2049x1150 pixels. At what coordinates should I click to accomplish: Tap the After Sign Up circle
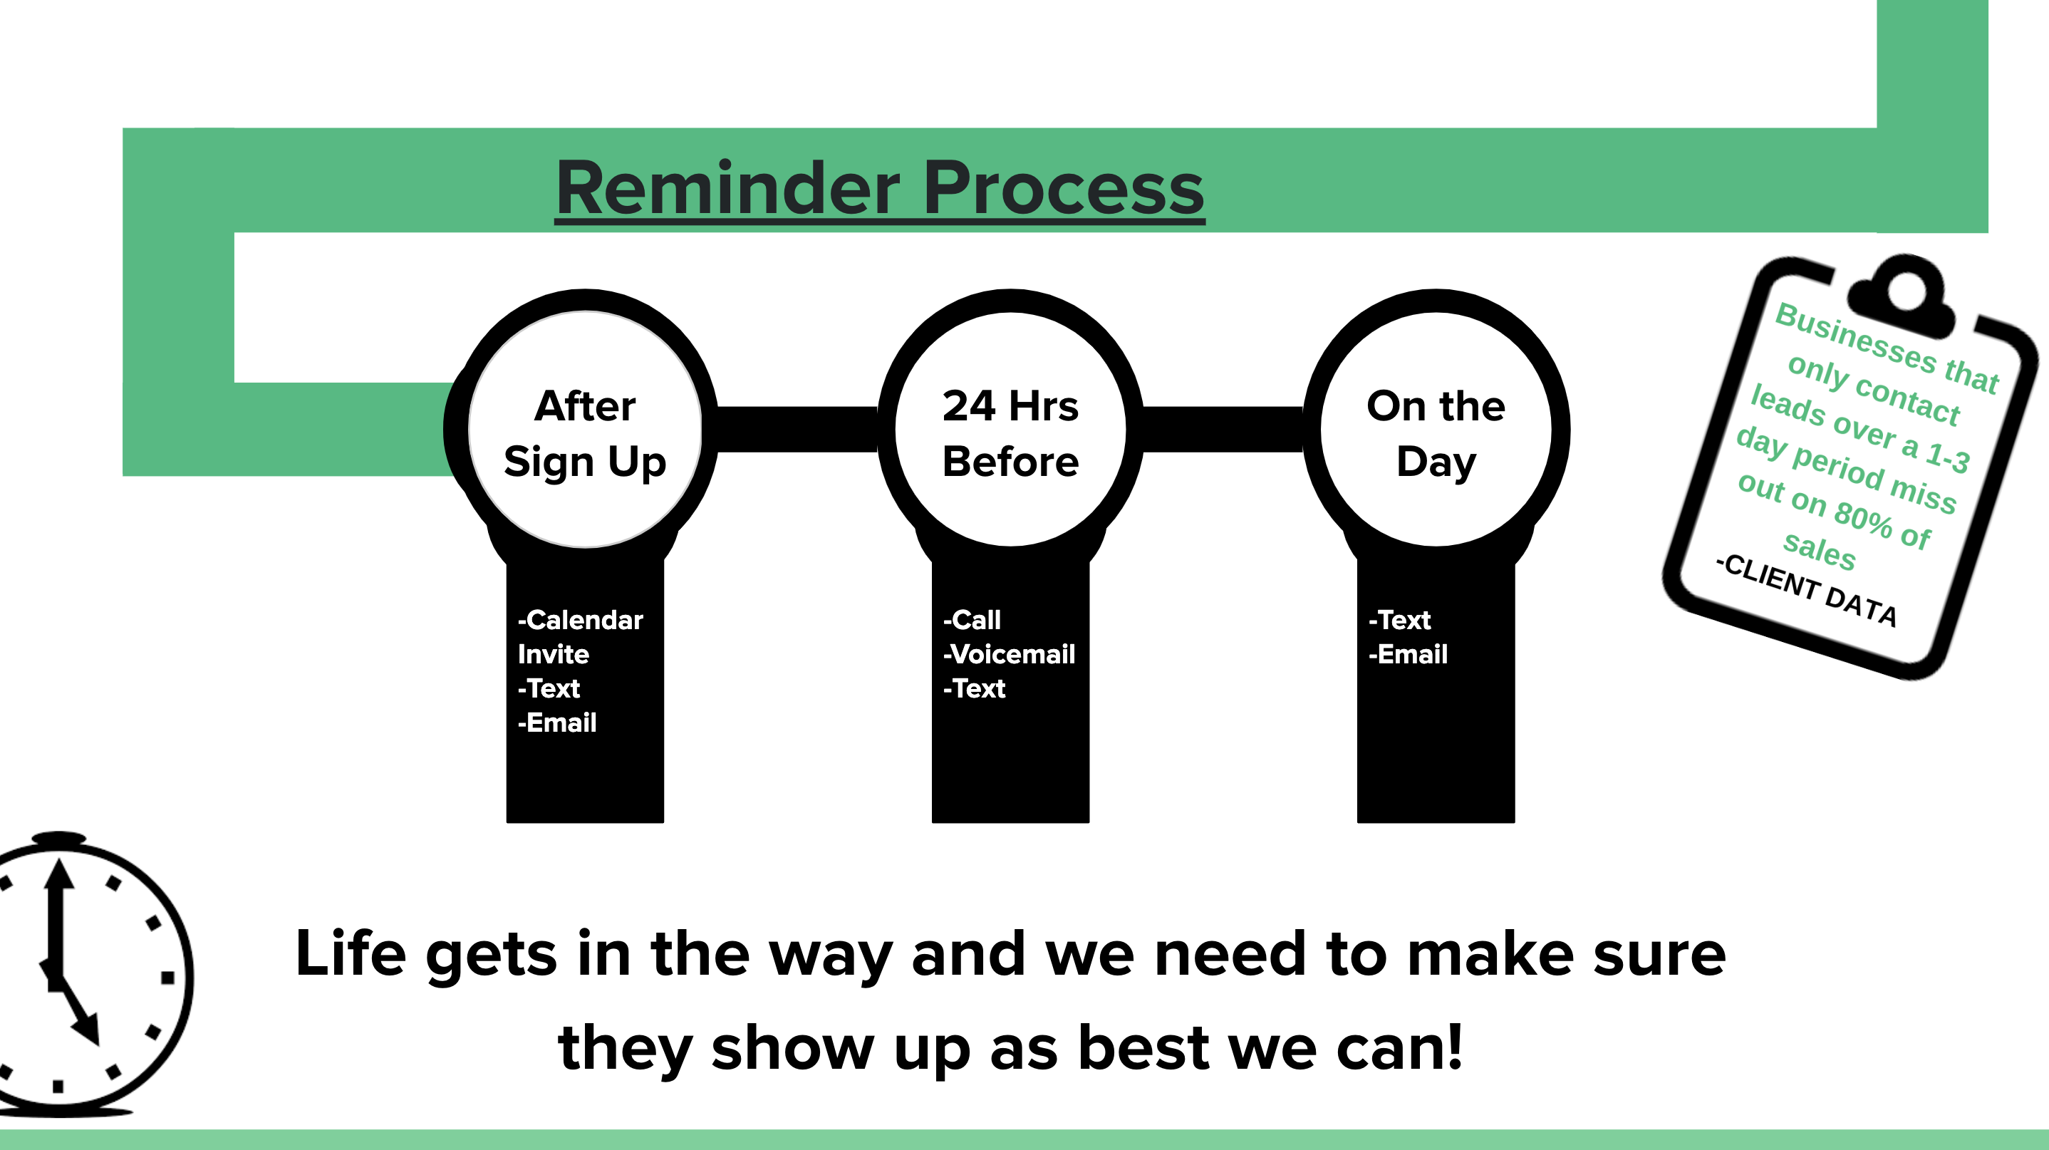point(586,430)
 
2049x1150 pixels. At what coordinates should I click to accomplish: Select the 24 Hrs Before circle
point(1011,430)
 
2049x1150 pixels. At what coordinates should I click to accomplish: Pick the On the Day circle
point(1436,430)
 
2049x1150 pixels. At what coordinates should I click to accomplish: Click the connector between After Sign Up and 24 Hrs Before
point(798,430)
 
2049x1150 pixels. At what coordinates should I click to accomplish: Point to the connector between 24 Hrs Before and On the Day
point(1223,430)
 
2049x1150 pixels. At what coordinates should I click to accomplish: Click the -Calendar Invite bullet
point(580,636)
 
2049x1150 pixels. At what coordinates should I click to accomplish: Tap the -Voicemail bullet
point(1009,654)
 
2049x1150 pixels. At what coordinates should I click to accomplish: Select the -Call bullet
point(971,620)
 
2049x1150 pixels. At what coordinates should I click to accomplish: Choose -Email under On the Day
point(1408,654)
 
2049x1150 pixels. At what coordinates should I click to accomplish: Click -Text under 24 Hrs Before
point(974,688)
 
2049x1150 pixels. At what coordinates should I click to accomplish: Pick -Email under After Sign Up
point(557,722)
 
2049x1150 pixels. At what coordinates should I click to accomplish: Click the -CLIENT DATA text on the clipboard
point(1806,590)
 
